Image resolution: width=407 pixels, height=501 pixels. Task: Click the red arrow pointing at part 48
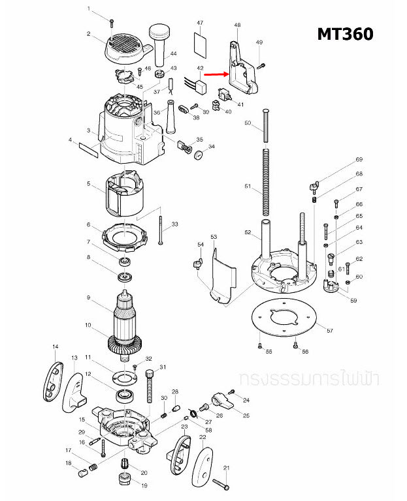(213, 74)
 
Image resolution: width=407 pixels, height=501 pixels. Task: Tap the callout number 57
(329, 331)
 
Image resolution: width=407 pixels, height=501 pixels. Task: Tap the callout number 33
(174, 224)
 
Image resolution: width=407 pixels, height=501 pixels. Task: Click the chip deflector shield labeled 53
(220, 279)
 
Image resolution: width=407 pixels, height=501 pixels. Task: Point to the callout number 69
(359, 160)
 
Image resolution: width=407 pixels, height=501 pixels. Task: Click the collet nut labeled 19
(123, 483)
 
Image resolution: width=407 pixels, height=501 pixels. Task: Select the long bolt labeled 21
(220, 483)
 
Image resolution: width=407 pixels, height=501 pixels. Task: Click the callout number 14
(56, 347)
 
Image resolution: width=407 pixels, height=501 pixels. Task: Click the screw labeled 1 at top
(112, 22)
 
